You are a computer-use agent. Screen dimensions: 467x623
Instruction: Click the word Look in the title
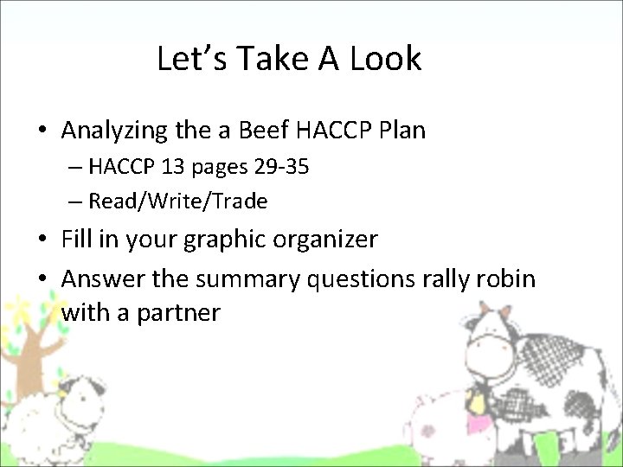(386, 59)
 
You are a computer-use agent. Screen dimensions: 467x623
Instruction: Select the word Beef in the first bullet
(260, 131)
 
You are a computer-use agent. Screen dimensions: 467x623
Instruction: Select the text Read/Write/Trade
(178, 202)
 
